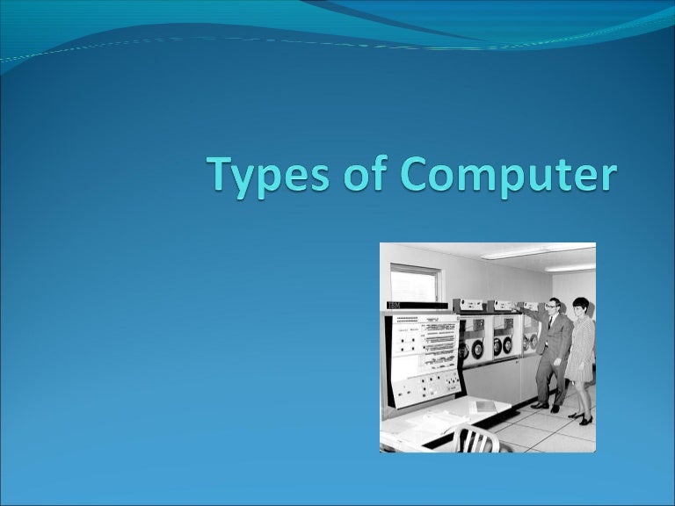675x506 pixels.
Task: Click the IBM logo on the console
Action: (393, 306)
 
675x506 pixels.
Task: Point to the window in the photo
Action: (414, 283)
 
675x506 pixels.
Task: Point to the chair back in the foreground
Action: (475, 439)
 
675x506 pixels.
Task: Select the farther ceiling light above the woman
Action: (571, 266)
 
